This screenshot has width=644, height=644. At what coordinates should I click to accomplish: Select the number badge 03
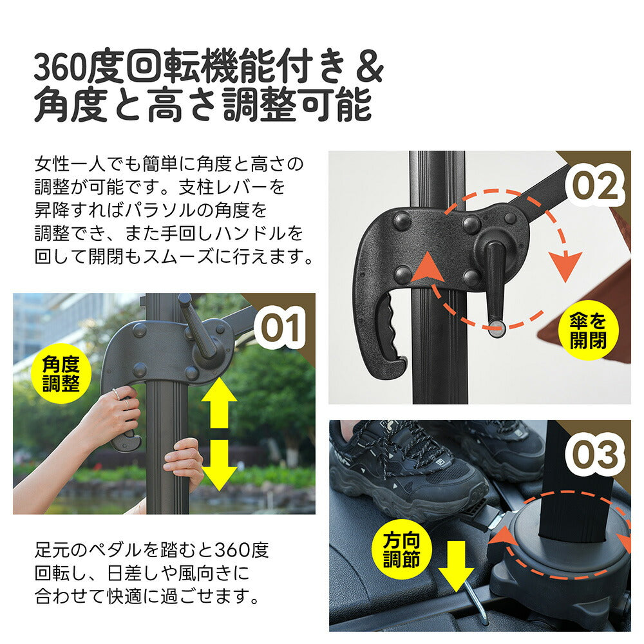pyautogui.click(x=594, y=455)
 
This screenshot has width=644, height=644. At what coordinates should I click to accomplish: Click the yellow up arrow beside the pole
pyautogui.click(x=219, y=403)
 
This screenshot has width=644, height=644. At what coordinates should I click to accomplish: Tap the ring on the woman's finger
pyautogui.click(x=114, y=392)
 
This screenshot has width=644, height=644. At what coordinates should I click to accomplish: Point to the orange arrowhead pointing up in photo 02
pyautogui.click(x=430, y=268)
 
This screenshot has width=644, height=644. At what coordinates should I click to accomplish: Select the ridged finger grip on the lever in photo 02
pyautogui.click(x=386, y=328)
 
